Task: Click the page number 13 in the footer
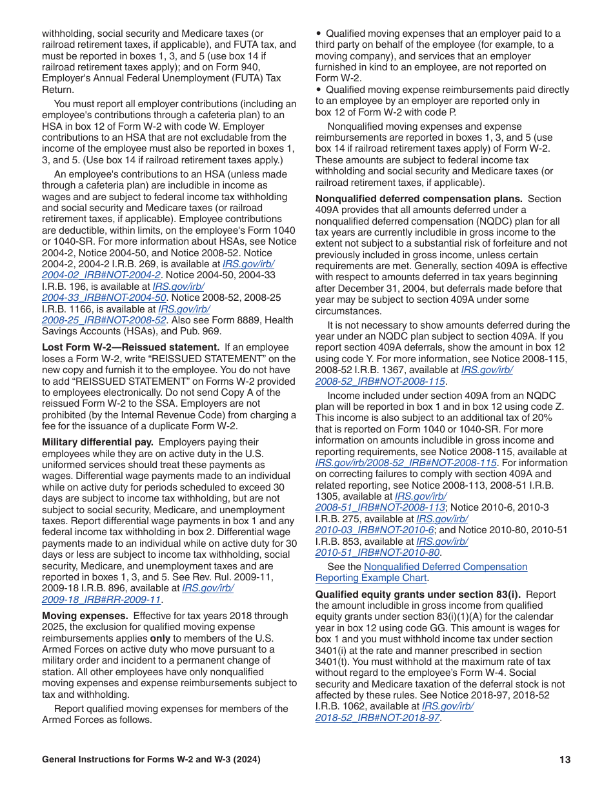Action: (x=565, y=760)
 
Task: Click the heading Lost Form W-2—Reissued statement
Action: (x=130, y=347)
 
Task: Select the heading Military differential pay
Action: (x=97, y=442)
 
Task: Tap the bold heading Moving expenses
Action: (x=85, y=616)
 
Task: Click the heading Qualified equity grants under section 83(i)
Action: (x=436, y=595)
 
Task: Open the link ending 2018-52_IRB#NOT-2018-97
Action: (x=377, y=718)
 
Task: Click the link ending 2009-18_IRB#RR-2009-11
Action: (x=101, y=600)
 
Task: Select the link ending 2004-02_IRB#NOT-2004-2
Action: (x=101, y=276)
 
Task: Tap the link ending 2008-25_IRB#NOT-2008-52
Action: (x=104, y=320)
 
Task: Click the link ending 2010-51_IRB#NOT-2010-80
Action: (x=377, y=553)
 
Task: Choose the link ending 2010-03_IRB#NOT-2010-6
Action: (x=374, y=530)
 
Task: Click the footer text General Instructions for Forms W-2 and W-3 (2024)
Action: (x=151, y=760)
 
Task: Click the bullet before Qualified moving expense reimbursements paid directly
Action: (x=319, y=90)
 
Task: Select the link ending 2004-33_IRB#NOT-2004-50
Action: (x=104, y=298)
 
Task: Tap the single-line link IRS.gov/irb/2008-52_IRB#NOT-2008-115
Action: (x=406, y=463)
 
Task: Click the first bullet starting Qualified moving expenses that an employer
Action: (x=319, y=34)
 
